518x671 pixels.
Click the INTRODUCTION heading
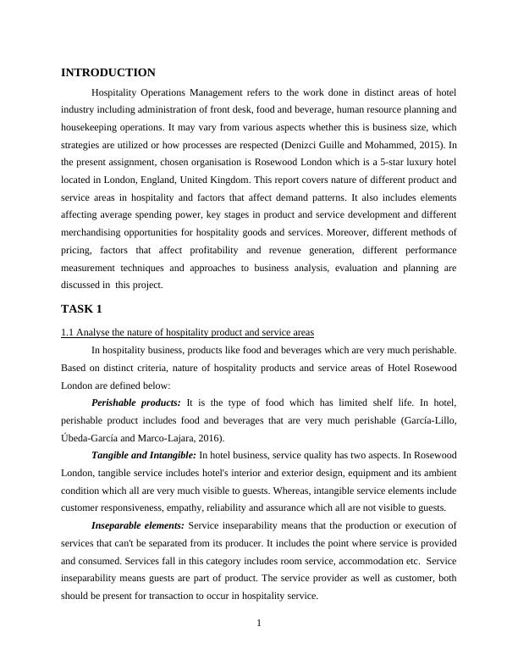click(x=108, y=73)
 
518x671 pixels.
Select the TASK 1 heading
click(x=82, y=308)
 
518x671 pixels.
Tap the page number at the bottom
click(x=259, y=624)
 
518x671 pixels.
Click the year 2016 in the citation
click(x=209, y=437)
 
